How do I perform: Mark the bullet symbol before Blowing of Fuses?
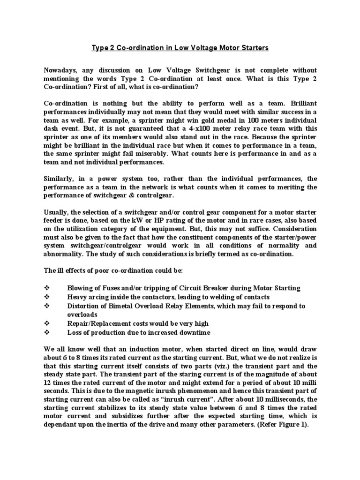coord(46,288)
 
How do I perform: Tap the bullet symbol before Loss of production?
coord(46,332)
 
